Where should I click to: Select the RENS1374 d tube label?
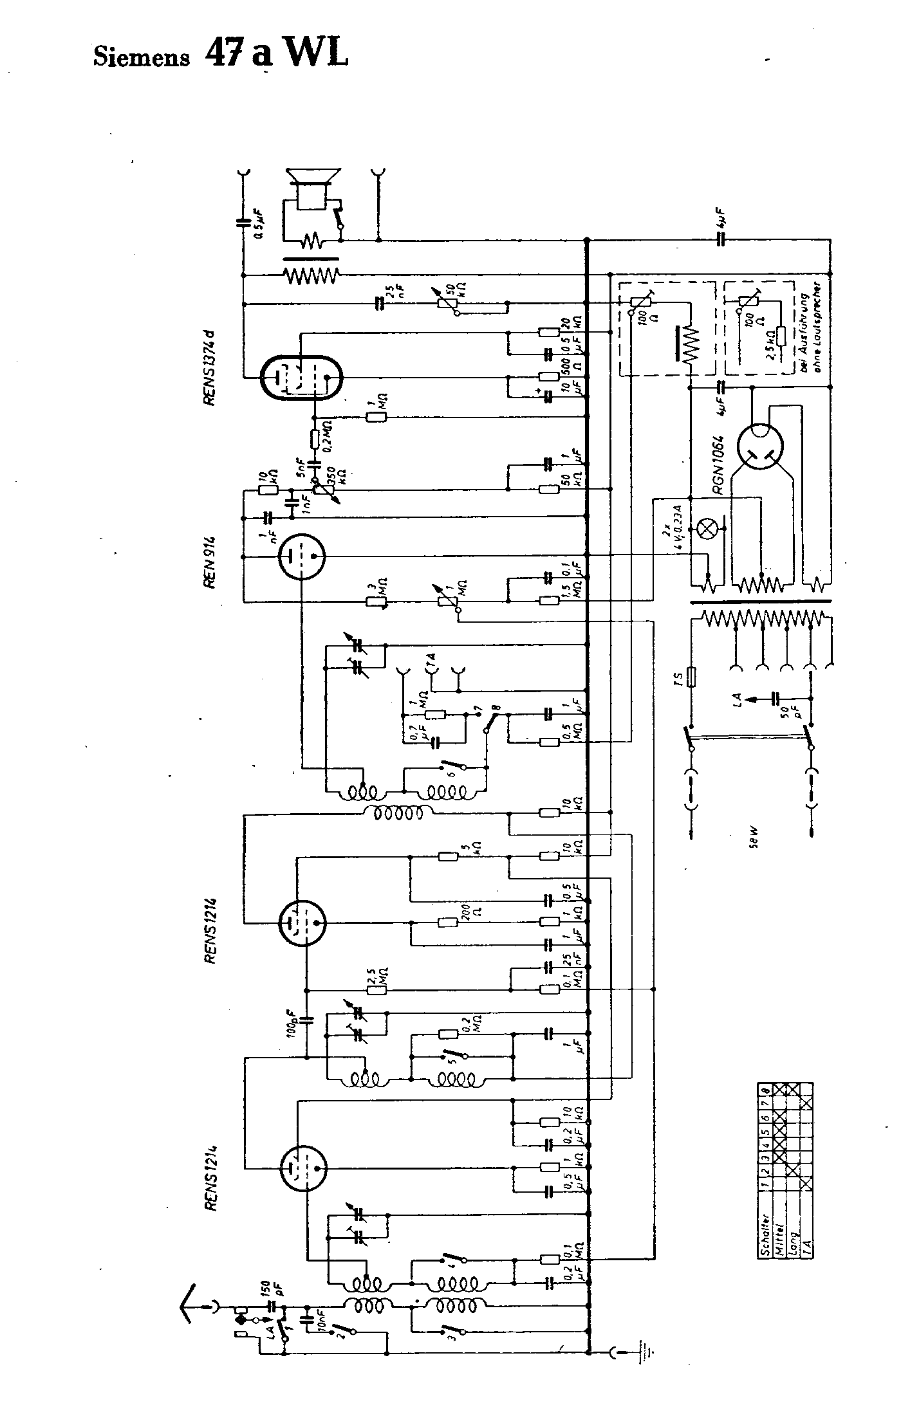pyautogui.click(x=209, y=369)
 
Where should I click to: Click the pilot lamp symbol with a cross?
pyautogui.click(x=707, y=529)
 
